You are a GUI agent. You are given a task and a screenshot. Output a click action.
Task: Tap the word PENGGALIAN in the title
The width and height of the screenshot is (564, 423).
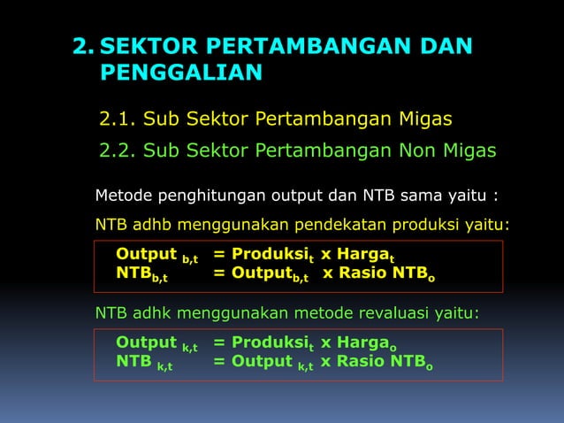(x=180, y=72)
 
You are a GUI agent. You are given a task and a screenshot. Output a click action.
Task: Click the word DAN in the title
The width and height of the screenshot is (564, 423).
(x=440, y=46)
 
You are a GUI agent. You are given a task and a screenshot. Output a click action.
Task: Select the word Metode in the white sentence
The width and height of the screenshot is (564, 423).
(x=124, y=195)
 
